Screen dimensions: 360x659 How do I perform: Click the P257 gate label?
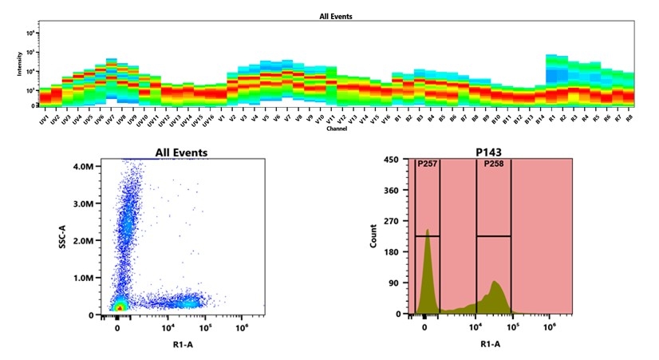click(x=428, y=164)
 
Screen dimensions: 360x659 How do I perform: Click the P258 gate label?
click(x=495, y=164)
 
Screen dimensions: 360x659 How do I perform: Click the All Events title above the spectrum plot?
click(x=335, y=16)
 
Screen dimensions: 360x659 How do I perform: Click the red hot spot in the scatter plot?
click(x=120, y=307)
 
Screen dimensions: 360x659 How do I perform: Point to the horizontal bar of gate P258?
click(x=493, y=235)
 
